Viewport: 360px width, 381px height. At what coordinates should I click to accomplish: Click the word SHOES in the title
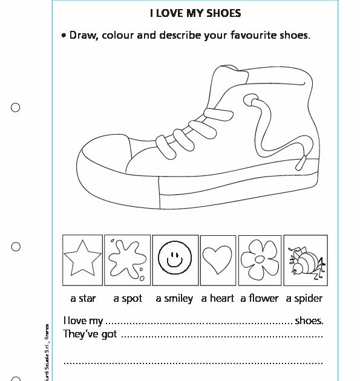pyautogui.click(x=224, y=13)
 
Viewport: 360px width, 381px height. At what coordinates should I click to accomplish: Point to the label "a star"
pyautogui.click(x=83, y=298)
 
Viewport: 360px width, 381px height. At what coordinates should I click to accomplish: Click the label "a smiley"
pyautogui.click(x=174, y=298)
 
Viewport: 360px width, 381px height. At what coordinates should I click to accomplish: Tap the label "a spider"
pyautogui.click(x=304, y=298)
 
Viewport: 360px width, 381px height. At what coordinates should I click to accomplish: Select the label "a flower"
pyautogui.click(x=260, y=298)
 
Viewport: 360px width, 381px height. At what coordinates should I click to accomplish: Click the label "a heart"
pyautogui.click(x=218, y=298)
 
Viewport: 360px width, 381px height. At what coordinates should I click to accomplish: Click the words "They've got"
pyautogui.click(x=90, y=334)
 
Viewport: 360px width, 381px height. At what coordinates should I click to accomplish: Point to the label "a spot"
pyautogui.click(x=128, y=298)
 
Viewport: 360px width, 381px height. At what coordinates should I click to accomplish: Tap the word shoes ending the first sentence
pyautogui.click(x=309, y=321)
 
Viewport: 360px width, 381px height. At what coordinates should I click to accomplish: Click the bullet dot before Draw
pyautogui.click(x=64, y=36)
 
